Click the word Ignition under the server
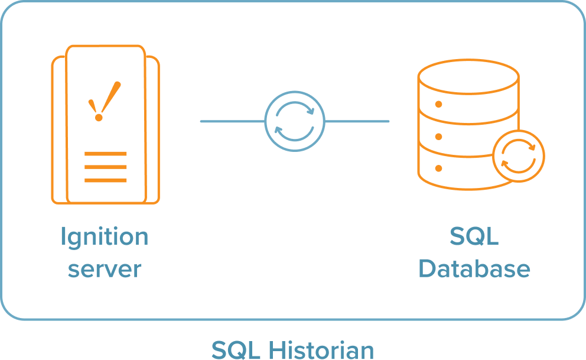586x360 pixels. tap(105, 238)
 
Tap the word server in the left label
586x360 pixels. tap(105, 270)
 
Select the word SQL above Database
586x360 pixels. tap(474, 238)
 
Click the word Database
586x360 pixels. tap(474, 270)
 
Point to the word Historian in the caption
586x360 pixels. tap(321, 349)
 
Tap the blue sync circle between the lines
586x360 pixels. tap(294, 121)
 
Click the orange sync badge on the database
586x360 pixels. tap(518, 156)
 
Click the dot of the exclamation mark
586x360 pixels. tap(99, 118)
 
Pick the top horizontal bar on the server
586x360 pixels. tap(105, 154)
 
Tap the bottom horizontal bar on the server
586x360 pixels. tap(105, 180)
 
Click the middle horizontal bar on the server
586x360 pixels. tap(105, 167)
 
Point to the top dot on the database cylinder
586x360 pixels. tap(438, 105)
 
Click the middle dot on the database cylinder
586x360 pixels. tap(438, 137)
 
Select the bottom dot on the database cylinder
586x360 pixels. tap(438, 168)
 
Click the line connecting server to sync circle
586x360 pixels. tap(232, 122)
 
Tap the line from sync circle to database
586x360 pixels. tap(357, 122)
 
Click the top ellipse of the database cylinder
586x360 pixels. tap(468, 75)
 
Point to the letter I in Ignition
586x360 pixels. tap(63, 236)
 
